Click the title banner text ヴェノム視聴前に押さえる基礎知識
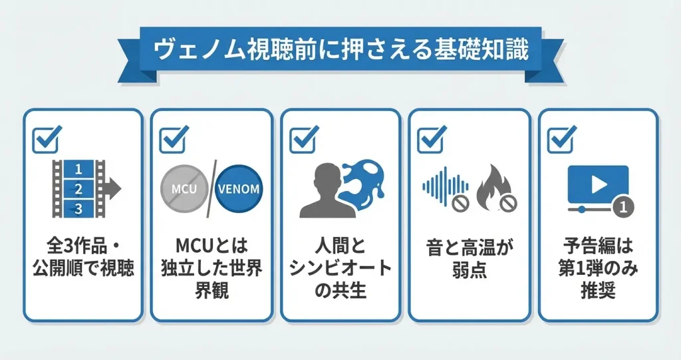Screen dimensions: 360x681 (340, 50)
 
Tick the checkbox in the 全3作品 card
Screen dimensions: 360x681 (47, 138)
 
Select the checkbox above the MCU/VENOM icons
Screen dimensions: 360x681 (174, 138)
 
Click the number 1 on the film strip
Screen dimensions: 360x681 (78, 169)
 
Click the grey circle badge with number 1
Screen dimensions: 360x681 (622, 207)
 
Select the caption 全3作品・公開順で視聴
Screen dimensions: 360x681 (82, 260)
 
